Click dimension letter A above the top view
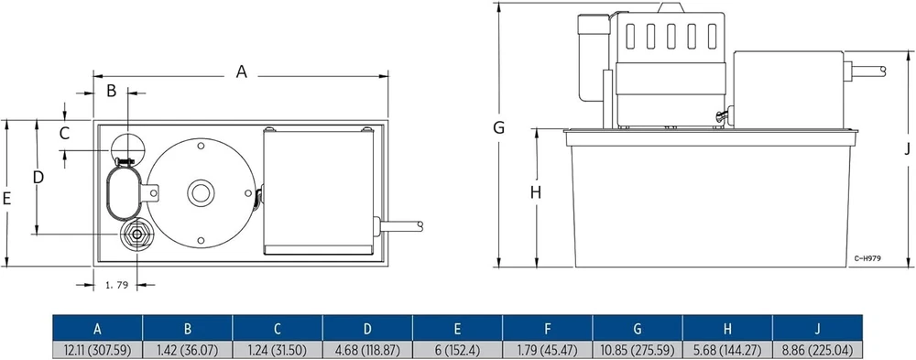[x=241, y=71]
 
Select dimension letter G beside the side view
[x=498, y=127]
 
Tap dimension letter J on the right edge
[x=907, y=150]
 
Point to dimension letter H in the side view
[x=536, y=192]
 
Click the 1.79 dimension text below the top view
[x=116, y=285]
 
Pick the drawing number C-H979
[x=867, y=257]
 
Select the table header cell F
[x=548, y=329]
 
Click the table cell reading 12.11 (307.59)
[x=98, y=350]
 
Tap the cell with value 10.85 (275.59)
[x=638, y=350]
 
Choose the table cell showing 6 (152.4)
[x=457, y=350]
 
